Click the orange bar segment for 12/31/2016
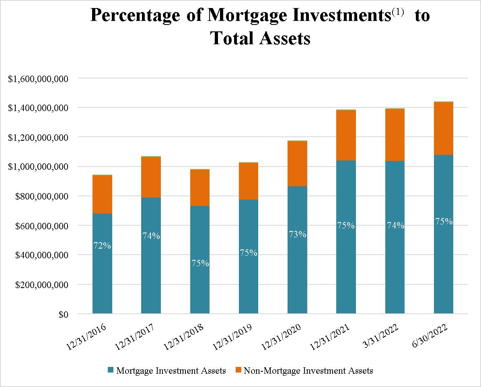(102, 194)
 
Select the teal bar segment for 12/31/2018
(200, 282)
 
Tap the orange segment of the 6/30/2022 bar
(444, 128)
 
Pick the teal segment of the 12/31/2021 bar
(346, 274)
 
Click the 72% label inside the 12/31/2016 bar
(102, 245)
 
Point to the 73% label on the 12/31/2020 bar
(297, 234)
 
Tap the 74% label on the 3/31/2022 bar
(395, 226)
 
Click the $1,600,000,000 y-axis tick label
(38, 78)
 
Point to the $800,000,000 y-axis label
(41, 196)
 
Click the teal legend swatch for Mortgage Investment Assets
(111, 370)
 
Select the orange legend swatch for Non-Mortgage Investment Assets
(238, 370)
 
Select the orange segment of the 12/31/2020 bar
(297, 163)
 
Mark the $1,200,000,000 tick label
(38, 138)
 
